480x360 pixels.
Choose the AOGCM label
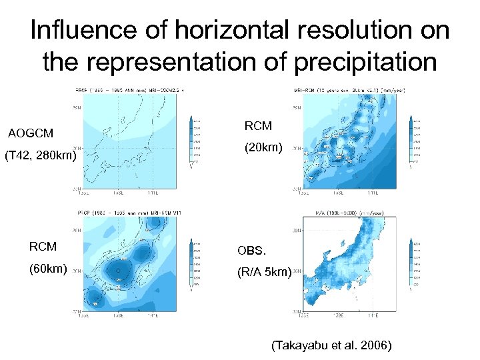click(x=31, y=133)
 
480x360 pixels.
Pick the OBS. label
click(x=251, y=251)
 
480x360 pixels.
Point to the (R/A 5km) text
click(x=265, y=272)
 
